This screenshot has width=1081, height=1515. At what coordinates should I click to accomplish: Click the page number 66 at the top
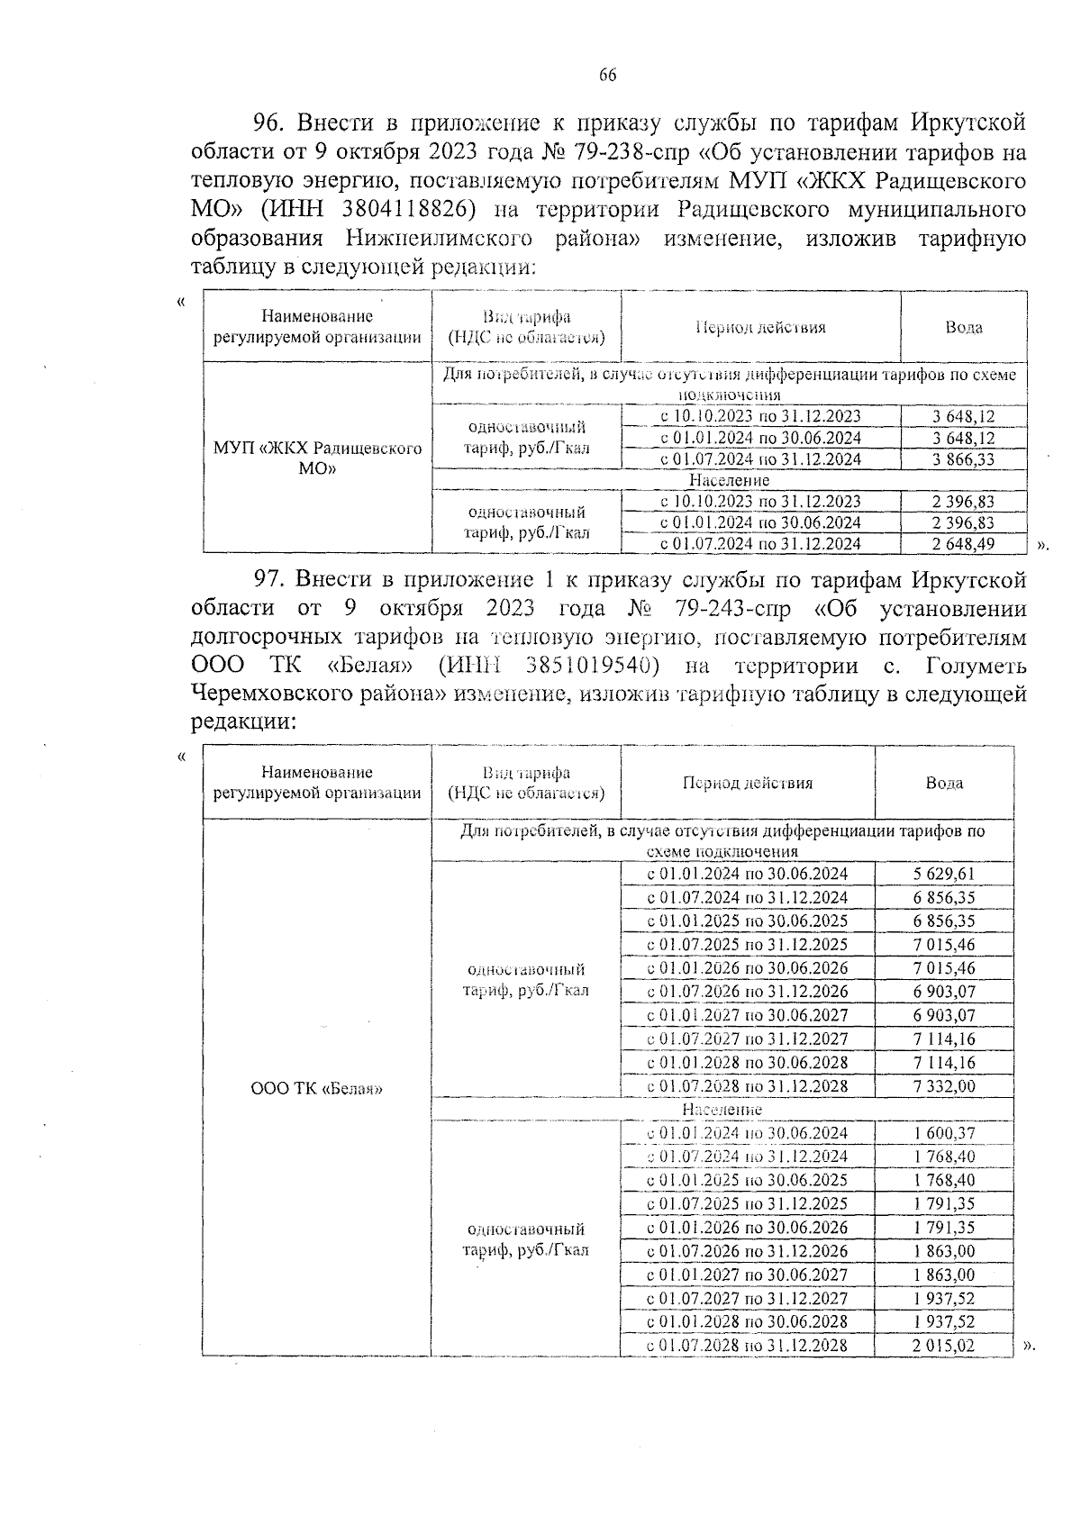click(x=607, y=76)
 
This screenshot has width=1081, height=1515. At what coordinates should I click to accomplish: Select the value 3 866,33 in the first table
click(x=963, y=459)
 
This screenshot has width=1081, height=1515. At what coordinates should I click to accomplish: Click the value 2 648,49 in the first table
click(x=963, y=544)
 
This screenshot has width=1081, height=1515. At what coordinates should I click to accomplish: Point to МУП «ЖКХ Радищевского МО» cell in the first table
click(x=317, y=458)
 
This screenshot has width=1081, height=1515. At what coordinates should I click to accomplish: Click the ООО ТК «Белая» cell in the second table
click(x=316, y=1089)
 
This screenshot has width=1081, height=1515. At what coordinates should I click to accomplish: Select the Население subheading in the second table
click(x=722, y=1110)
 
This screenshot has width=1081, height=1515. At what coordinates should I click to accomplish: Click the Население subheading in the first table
click(x=730, y=481)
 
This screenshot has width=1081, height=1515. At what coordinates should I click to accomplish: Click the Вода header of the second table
click(x=943, y=783)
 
